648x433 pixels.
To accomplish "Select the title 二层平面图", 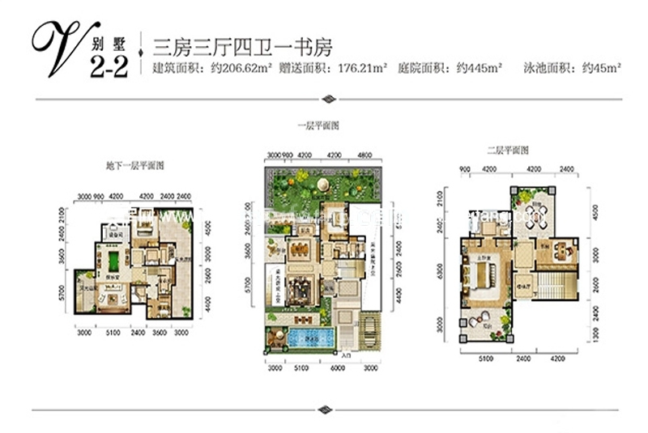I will point(507,151).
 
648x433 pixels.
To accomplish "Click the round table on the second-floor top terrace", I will point(535,214).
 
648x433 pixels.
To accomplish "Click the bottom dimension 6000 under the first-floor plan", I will point(335,367).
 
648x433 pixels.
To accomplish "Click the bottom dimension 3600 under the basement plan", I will point(160,333).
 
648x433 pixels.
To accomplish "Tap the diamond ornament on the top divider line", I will point(328,100).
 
